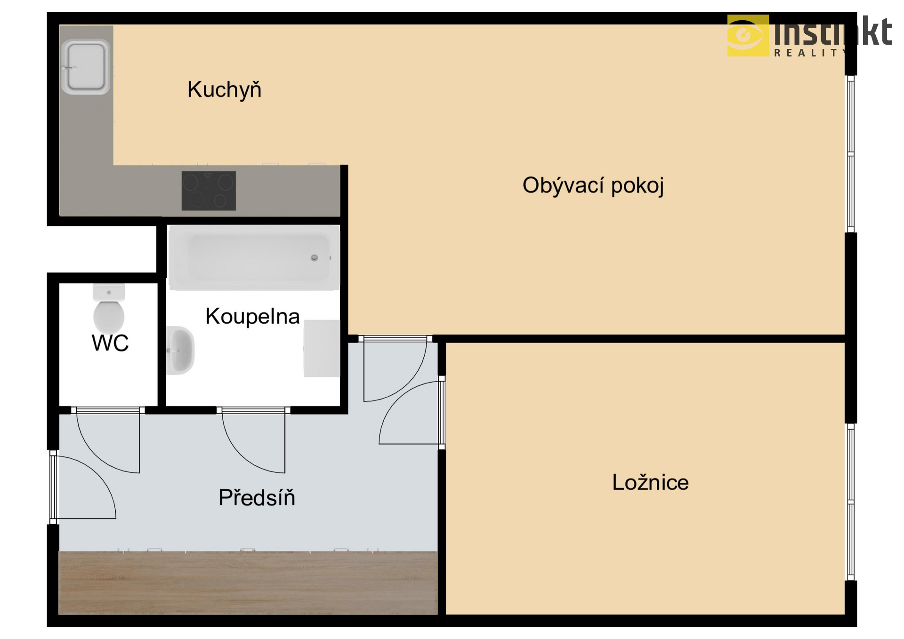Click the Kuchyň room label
(224, 90)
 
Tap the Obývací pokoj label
(593, 185)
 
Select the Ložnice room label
(650, 482)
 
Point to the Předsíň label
(257, 497)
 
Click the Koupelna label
(252, 316)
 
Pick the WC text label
(110, 343)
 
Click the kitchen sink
(86, 67)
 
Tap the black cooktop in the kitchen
(209, 191)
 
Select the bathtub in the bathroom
(254, 257)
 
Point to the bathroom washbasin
(180, 350)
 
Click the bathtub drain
(315, 257)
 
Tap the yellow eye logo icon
(748, 35)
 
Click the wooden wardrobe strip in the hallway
(248, 583)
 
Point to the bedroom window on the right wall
(851, 502)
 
